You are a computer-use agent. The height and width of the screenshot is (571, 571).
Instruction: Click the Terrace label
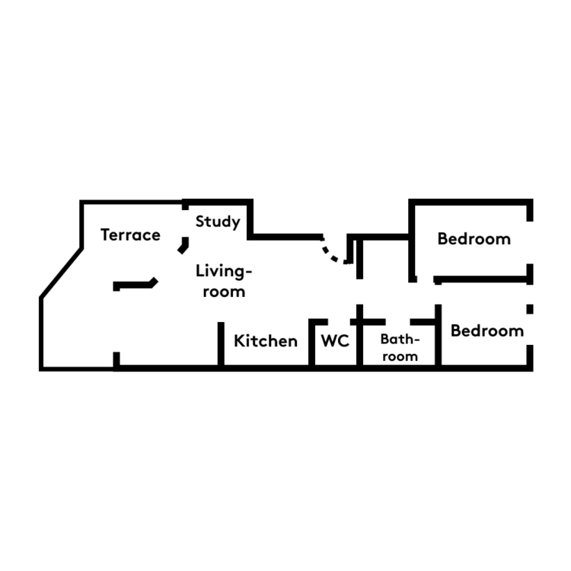(x=130, y=235)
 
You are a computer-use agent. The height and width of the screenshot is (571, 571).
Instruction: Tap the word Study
(x=218, y=222)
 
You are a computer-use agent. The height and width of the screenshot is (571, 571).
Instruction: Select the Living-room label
(x=224, y=281)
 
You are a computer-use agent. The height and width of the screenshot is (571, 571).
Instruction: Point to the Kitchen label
(x=266, y=341)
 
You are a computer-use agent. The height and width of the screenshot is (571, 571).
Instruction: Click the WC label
(x=335, y=341)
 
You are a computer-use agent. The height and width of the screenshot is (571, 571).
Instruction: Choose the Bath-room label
(x=400, y=348)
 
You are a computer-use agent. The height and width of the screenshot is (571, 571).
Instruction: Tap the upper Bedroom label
(x=474, y=239)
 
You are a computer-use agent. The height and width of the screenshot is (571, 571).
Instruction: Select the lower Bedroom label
(x=487, y=331)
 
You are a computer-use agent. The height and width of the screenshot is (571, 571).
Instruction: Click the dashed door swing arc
(x=332, y=253)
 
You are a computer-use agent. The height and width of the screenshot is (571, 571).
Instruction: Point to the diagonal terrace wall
(x=61, y=273)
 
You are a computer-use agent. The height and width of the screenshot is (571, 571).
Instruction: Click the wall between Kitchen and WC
(x=311, y=343)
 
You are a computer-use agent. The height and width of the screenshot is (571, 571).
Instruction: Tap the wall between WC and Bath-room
(x=359, y=335)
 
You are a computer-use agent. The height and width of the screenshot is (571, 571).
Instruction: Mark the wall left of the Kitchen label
(x=221, y=343)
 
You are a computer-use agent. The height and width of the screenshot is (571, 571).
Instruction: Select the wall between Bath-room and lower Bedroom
(x=438, y=335)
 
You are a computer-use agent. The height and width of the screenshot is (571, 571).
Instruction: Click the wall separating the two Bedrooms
(x=480, y=279)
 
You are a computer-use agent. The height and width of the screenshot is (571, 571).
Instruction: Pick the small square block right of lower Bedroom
(x=530, y=309)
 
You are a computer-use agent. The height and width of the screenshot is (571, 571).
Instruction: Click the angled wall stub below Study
(x=184, y=245)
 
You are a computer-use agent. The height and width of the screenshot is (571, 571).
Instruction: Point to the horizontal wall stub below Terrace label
(x=136, y=284)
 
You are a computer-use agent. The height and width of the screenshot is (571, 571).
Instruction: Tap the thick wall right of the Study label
(x=250, y=219)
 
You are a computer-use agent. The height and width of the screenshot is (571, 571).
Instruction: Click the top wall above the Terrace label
(x=131, y=202)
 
